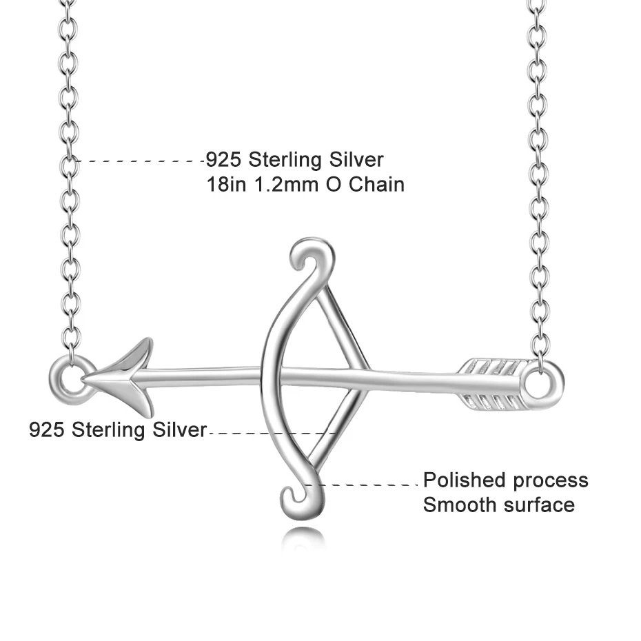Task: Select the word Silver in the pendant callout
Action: click(x=180, y=430)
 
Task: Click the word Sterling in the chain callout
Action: click(x=288, y=160)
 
